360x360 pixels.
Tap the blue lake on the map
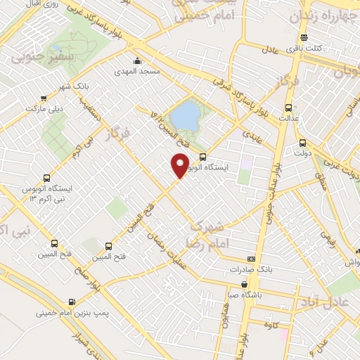(x=185, y=116)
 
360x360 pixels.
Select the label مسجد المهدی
(x=139, y=72)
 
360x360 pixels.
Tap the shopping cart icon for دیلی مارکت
(x=44, y=98)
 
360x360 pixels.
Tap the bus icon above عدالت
(x=288, y=108)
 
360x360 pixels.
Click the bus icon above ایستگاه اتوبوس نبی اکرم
(x=46, y=178)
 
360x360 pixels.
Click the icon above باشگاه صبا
(x=243, y=285)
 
